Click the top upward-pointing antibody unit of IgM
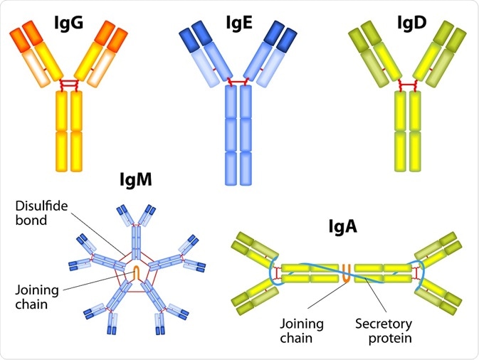tap(137, 228)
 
